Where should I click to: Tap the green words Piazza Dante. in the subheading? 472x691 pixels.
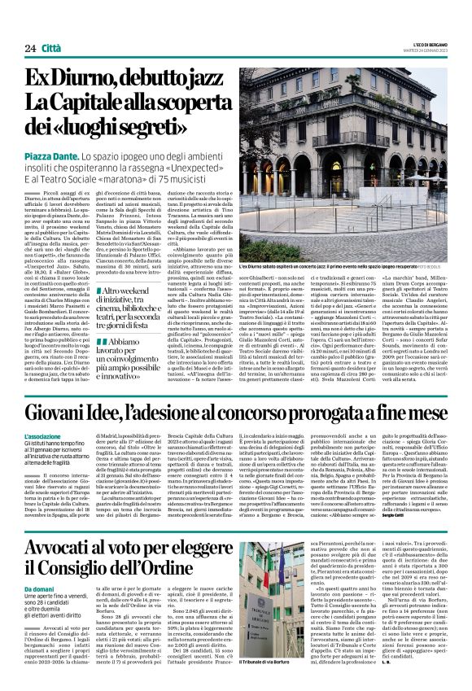[53, 155]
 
